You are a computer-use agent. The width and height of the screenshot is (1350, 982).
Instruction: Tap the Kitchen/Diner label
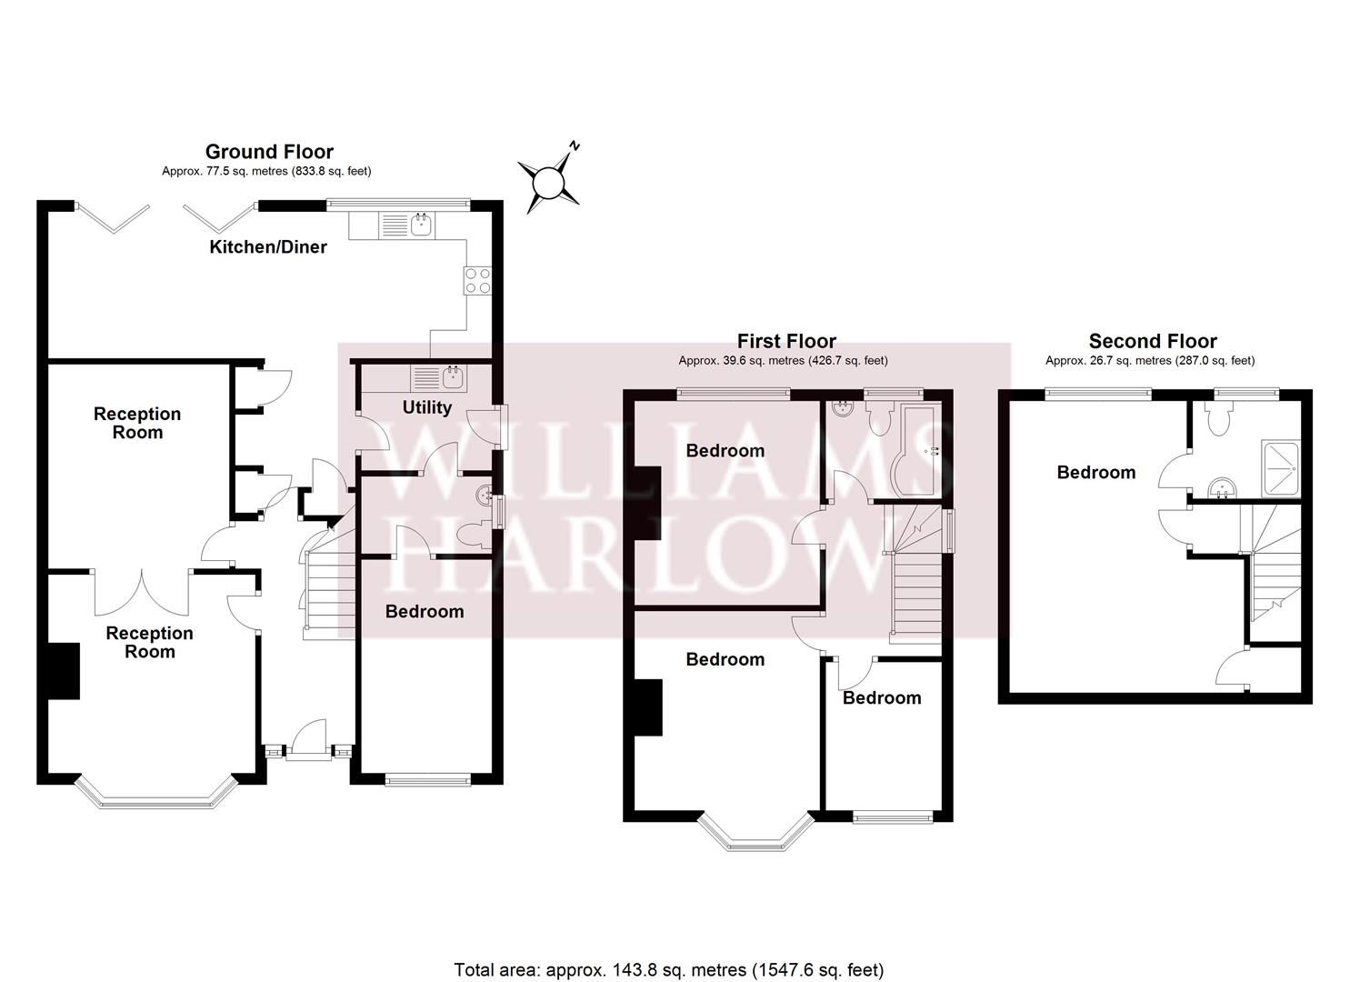click(268, 246)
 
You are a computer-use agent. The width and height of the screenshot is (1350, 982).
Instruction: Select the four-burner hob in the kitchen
click(477, 280)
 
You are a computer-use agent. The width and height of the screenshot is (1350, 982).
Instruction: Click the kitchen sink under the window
click(420, 224)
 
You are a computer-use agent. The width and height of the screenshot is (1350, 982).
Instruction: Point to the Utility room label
click(426, 407)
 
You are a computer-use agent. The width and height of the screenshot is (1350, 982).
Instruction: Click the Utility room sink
click(451, 376)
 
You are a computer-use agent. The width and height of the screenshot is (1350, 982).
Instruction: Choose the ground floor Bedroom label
click(425, 611)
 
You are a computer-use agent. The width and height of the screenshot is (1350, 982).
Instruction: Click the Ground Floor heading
click(269, 152)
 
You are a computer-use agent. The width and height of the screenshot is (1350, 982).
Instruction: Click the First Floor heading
click(786, 341)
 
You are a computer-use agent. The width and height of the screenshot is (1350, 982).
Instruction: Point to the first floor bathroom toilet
click(879, 420)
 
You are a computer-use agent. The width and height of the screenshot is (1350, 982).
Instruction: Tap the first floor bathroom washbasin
click(844, 408)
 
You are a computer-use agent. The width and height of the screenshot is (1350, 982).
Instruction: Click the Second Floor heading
click(1153, 341)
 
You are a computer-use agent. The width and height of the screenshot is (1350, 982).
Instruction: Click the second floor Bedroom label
click(1095, 472)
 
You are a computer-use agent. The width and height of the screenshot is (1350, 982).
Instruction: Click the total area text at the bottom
click(668, 969)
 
